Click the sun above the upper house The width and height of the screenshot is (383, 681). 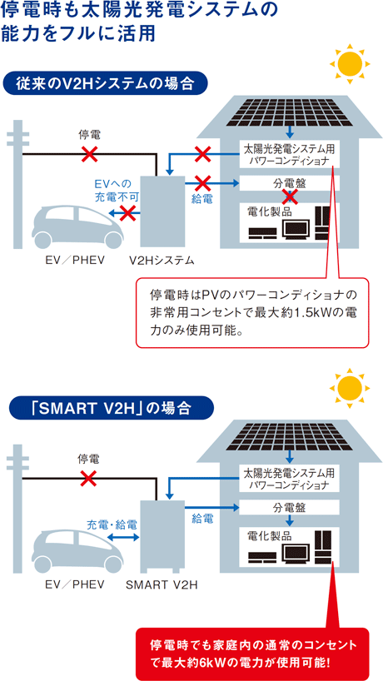pos(350,64)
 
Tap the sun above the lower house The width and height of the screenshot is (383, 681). pos(350,388)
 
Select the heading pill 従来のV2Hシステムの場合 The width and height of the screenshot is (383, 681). pos(104,83)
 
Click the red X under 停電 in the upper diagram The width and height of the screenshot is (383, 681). pos(90,153)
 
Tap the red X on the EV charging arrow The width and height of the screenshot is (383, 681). pos(127,213)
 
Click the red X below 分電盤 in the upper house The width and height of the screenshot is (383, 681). pos(290,196)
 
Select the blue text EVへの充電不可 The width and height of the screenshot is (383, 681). pos(116,189)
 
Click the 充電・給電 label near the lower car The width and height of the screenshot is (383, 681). pos(112,524)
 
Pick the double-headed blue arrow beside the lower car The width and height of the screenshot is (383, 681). pos(123,538)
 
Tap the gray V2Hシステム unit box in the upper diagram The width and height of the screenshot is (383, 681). pos(162,211)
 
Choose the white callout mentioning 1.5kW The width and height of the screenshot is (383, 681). pos(252,312)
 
